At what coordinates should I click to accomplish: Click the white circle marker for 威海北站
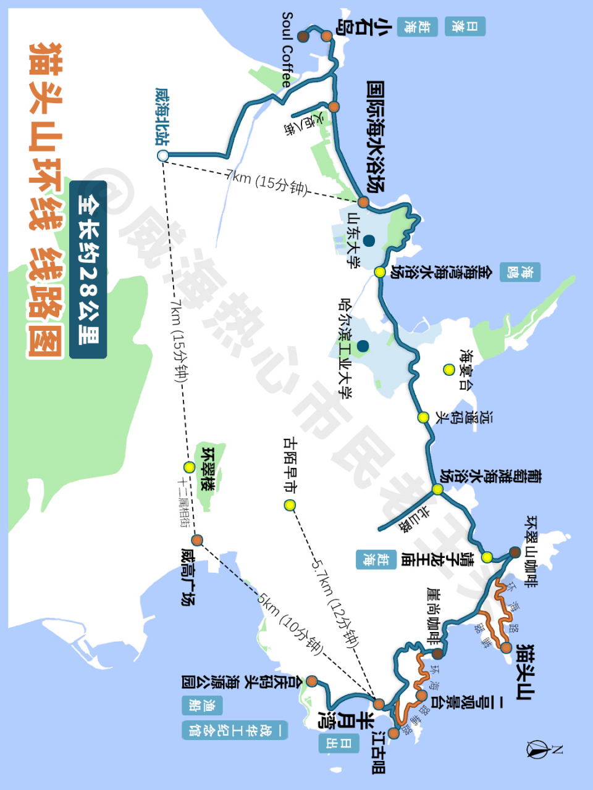[163, 156]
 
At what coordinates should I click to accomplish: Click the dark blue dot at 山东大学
[369, 240]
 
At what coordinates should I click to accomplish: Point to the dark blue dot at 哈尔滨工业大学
[363, 346]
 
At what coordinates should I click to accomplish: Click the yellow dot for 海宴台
[448, 370]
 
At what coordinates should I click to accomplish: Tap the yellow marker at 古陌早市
[290, 505]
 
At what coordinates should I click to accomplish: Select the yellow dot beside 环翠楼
[190, 467]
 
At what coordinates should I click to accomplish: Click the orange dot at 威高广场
[198, 540]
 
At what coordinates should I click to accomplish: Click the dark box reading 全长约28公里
[88, 270]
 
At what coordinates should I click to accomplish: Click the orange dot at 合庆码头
[312, 681]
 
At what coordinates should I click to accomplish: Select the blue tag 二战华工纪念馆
[235, 730]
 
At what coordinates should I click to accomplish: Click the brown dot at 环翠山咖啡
[514, 552]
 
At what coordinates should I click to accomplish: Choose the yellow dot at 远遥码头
[423, 417]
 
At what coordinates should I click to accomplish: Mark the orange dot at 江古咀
[393, 733]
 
